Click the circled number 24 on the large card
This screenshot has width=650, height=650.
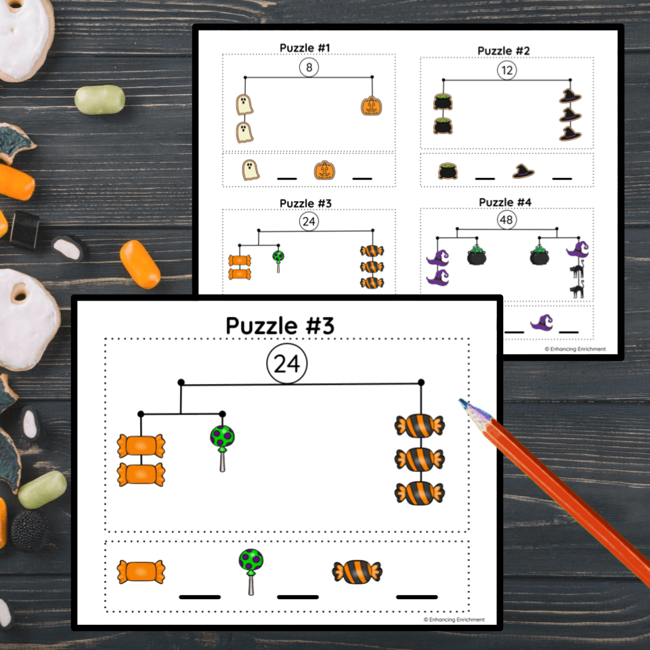click(x=287, y=364)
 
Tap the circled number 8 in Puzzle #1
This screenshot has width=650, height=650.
click(x=309, y=67)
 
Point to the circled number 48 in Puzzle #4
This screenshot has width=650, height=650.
click(x=506, y=219)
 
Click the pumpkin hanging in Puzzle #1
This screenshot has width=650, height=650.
click(x=372, y=106)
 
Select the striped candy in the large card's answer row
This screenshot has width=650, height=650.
click(x=357, y=572)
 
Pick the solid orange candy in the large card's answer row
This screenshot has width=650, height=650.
click(x=141, y=571)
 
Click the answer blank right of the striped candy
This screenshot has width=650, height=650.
click(x=416, y=597)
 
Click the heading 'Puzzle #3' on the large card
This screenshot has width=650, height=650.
click(x=280, y=325)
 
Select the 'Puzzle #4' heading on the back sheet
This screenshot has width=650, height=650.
click(x=505, y=202)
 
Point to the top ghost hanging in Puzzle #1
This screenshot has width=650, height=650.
click(x=244, y=105)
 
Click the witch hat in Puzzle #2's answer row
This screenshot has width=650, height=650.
click(x=523, y=171)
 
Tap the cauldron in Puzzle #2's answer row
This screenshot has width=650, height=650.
click(x=448, y=171)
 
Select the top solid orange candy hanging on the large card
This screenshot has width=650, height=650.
click(x=141, y=446)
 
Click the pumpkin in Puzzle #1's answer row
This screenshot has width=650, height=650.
click(x=324, y=170)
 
